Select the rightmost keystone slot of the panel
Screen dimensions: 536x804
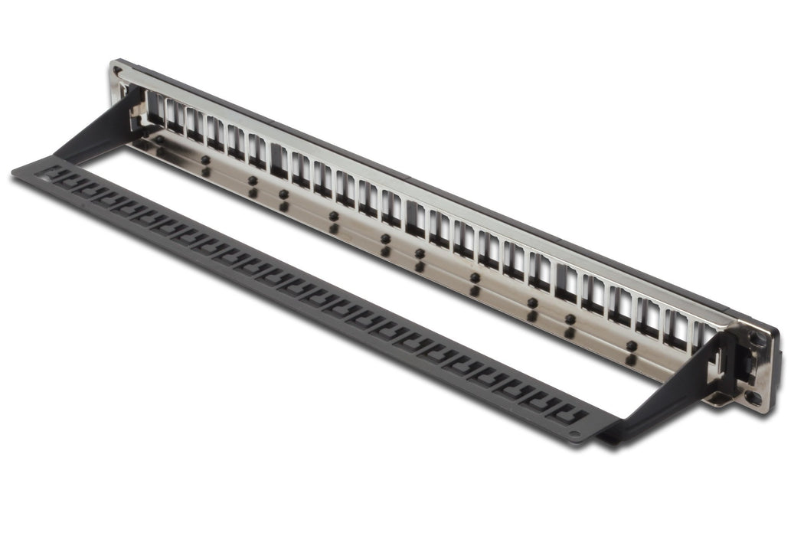point(703,338)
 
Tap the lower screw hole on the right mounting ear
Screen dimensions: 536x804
point(753,397)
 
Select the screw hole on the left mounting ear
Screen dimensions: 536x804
point(116,73)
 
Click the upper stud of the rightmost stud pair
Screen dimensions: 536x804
point(632,345)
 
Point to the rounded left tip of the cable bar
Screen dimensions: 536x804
point(17,173)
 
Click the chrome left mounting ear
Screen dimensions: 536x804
point(119,84)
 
